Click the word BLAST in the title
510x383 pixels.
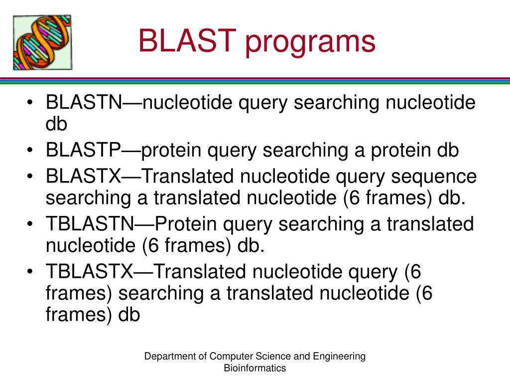coord(187,41)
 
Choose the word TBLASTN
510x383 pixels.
coord(90,224)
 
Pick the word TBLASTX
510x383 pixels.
coord(90,272)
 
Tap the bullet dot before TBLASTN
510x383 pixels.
coord(31,225)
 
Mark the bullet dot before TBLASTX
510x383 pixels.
coord(31,272)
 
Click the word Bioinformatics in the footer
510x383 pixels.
coord(255,368)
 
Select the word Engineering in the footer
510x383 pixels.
coord(342,356)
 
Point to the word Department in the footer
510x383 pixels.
coord(167,356)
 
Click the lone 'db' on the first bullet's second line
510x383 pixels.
coord(56,124)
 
